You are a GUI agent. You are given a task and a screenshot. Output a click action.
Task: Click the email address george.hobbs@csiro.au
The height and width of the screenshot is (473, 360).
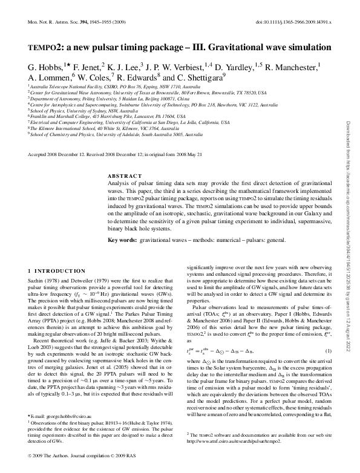click(66, 417)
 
